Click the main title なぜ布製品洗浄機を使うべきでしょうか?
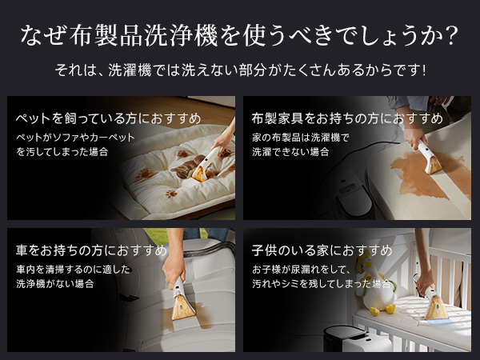click(x=239, y=35)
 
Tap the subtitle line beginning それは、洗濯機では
click(x=239, y=70)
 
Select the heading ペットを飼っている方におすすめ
click(x=108, y=119)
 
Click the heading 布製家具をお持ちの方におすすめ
click(x=347, y=119)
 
